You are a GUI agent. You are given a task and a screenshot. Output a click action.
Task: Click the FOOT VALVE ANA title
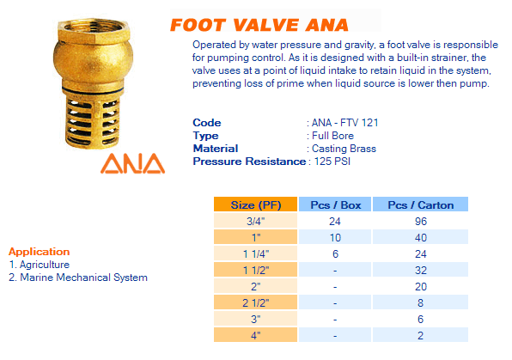(259, 25)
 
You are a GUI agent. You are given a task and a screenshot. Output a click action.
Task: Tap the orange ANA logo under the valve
(132, 163)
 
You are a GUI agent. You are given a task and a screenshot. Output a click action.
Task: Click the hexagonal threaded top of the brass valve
(94, 29)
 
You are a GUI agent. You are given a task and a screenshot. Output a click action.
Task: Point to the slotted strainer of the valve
(93, 121)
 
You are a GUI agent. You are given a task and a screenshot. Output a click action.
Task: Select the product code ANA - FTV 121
(344, 123)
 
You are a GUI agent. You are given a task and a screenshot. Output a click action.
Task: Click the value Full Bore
(332, 136)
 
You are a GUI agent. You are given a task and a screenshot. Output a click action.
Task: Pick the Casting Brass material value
(344, 149)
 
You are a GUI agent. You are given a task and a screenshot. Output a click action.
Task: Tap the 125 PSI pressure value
(332, 162)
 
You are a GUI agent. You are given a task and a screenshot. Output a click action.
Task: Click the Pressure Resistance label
(249, 162)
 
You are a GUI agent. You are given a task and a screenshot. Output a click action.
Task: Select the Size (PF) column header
(256, 204)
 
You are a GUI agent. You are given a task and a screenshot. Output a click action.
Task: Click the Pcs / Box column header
(335, 204)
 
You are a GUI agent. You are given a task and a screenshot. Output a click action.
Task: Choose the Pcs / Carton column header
(421, 204)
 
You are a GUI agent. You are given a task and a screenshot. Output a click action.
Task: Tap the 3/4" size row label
(256, 221)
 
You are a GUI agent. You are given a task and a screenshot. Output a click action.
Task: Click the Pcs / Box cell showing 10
(335, 237)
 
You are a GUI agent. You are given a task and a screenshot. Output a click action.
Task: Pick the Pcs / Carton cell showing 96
(421, 221)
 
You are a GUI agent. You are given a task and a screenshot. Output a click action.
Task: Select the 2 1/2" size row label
(256, 302)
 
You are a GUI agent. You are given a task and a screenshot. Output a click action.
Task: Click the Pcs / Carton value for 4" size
(421, 335)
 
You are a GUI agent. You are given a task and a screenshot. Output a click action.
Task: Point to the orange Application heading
(40, 252)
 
